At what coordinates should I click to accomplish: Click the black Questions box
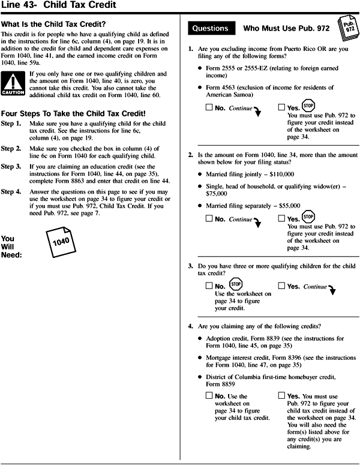click(209, 28)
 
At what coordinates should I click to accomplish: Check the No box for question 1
click(209, 108)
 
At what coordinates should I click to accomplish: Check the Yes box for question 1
click(283, 108)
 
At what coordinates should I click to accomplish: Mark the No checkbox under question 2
click(209, 219)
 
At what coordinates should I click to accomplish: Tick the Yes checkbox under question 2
click(283, 219)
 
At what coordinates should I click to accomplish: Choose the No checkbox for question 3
click(209, 287)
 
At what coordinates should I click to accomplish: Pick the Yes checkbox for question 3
click(283, 287)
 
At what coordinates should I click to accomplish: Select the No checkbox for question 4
click(209, 396)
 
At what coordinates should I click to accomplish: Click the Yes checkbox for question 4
click(283, 396)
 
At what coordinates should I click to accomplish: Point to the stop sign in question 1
click(308, 105)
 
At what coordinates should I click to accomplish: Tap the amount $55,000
click(286, 205)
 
